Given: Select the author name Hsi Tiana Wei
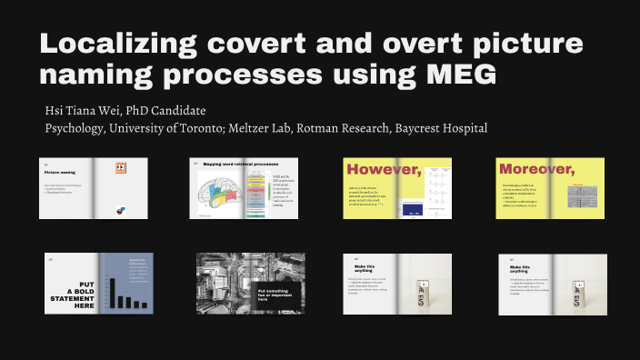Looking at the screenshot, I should (89, 110).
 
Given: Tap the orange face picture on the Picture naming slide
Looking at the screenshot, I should (120, 168).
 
